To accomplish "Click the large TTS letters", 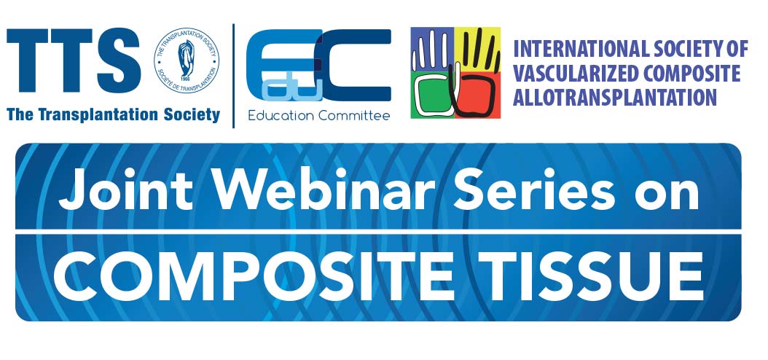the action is point(74,60).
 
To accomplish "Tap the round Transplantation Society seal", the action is point(186,60).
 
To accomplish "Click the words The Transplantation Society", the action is point(113,114).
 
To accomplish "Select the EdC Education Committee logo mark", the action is point(318,65).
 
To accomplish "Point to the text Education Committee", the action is point(319,116).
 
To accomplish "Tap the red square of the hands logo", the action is point(477,95).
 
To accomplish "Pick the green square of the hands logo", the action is point(433,95).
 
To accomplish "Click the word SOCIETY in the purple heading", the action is point(688,50).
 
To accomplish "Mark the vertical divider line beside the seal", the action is point(233,76).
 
